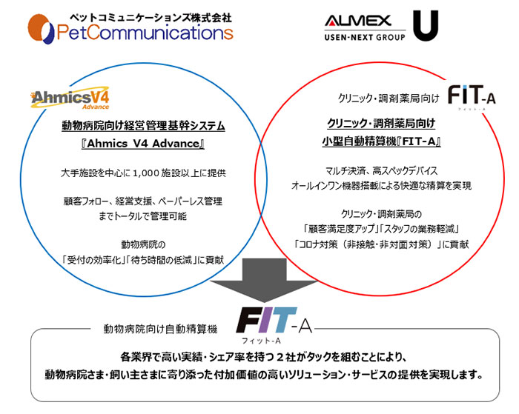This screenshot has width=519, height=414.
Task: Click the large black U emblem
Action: [x=431, y=26]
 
